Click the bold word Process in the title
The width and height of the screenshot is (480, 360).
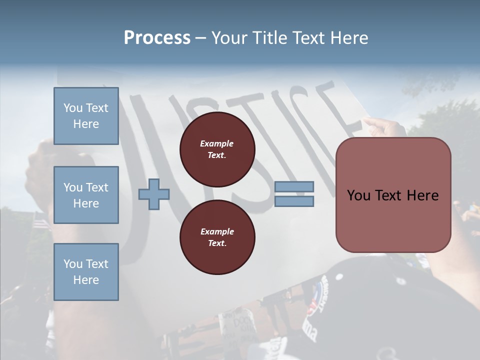point(157,38)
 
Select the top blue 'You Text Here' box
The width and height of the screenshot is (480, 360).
point(86,116)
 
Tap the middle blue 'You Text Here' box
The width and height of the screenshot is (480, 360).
point(86,195)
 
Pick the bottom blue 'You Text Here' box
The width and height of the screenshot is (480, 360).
point(86,272)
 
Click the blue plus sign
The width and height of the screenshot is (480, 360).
point(154,194)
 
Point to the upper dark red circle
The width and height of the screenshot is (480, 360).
point(217,149)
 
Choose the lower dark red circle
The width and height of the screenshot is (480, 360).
point(217,237)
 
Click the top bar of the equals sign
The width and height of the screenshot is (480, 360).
point(294,186)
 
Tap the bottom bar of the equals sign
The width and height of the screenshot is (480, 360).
point(294,201)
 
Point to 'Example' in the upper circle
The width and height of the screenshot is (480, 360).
point(217,143)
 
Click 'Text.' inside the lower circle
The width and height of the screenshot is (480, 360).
point(217,243)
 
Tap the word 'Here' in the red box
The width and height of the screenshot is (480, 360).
point(421,195)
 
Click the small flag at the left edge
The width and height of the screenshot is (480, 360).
point(41,220)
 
